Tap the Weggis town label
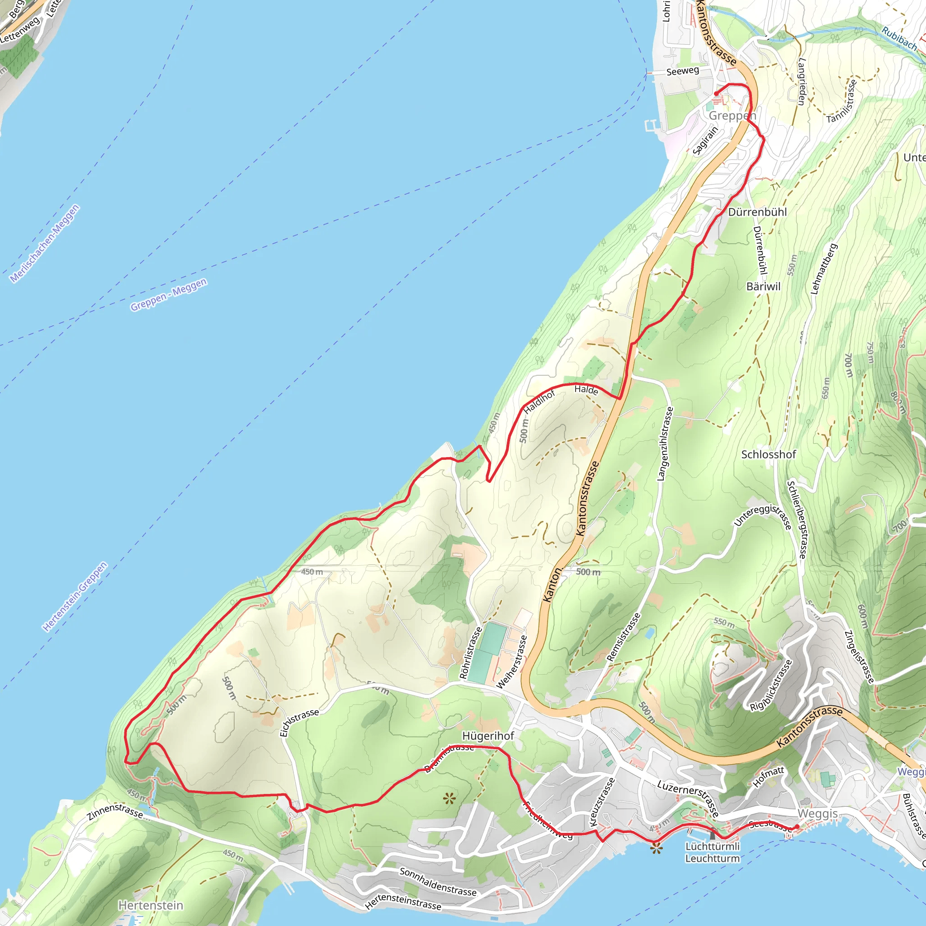pos(817,813)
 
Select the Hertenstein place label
pos(151,905)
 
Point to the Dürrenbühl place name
pos(757,212)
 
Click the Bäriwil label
pos(764,286)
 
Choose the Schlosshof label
pos(768,454)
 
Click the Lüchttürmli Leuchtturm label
pos(712,852)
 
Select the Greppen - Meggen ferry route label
pos(169,294)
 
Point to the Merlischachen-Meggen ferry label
pos(45,244)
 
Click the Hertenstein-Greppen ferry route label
pos(75,597)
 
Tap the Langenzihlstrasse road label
pos(665,444)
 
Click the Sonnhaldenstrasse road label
pos(438,882)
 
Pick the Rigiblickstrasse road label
pos(771,685)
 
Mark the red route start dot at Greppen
pos(716,94)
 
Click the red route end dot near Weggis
pos(797,827)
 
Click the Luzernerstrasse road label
pos(688,798)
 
